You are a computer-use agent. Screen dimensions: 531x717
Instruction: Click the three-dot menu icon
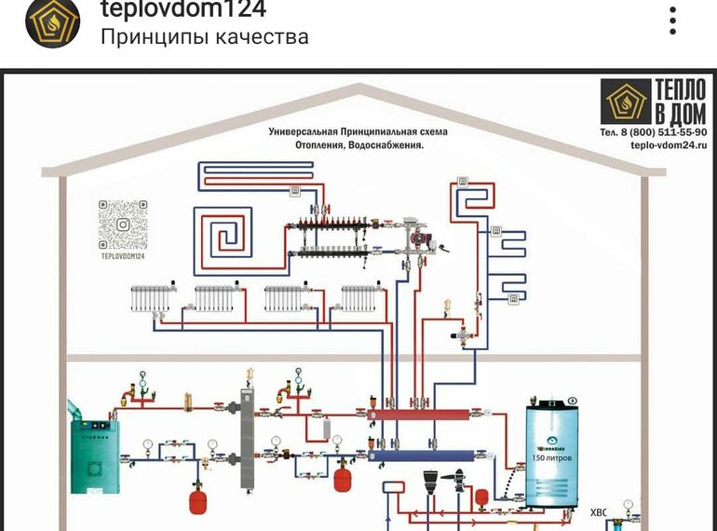click(x=673, y=20)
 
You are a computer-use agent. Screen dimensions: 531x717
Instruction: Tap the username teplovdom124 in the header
click(x=183, y=10)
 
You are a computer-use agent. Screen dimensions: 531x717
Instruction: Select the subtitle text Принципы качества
click(x=204, y=37)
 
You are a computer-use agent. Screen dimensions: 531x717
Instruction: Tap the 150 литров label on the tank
click(x=551, y=458)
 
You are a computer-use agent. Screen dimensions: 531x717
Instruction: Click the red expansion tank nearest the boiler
click(x=198, y=501)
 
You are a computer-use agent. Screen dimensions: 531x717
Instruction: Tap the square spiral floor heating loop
click(x=221, y=231)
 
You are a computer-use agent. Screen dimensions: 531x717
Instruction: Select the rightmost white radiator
click(x=358, y=298)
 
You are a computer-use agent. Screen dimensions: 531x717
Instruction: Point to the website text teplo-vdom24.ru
click(x=669, y=145)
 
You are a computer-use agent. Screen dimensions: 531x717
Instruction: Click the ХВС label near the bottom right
click(x=598, y=511)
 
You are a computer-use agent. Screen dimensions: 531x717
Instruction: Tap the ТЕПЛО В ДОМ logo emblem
click(x=624, y=102)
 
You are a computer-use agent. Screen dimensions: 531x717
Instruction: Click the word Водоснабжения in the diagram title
click(x=384, y=145)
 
